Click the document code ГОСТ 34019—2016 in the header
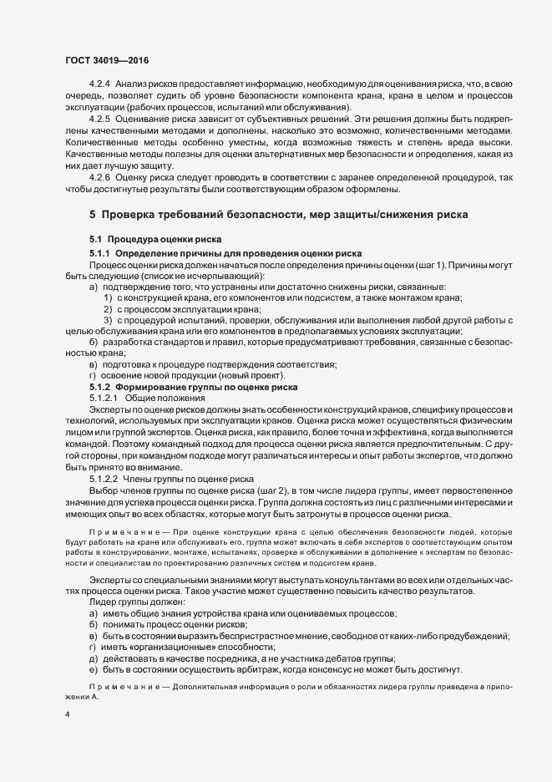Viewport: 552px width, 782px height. [107, 59]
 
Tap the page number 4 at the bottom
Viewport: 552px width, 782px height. [67, 715]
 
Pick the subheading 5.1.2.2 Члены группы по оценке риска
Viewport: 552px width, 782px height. [154, 479]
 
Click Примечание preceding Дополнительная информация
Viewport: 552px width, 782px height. [120, 688]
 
